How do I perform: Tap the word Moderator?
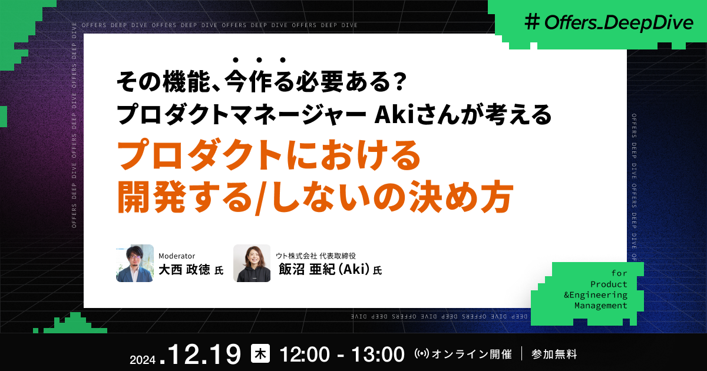coord(177,256)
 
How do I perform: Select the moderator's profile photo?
coord(135,263)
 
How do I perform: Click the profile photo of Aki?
coord(252,263)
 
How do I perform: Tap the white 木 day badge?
coord(260,353)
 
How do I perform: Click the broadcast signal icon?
coord(422,355)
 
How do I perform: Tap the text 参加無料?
coord(554,355)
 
